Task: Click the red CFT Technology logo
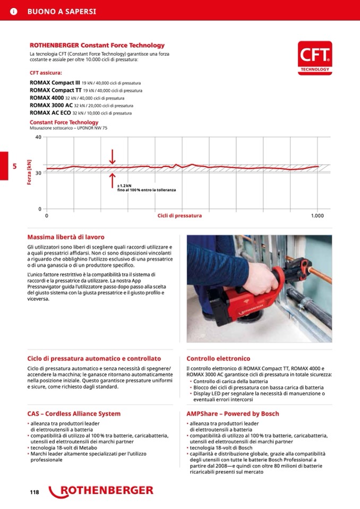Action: (315, 56)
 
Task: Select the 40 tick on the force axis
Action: (38, 137)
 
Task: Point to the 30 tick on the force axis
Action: (38, 173)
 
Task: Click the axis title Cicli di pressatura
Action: (179, 215)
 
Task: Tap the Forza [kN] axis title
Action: (29, 173)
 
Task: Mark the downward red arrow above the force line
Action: (113, 157)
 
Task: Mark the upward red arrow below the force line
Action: (113, 180)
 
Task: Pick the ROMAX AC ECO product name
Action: (50, 113)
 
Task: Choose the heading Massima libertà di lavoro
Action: (66, 237)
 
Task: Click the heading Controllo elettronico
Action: (218, 359)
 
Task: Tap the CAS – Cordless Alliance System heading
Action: (74, 413)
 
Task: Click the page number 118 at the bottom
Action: (35, 493)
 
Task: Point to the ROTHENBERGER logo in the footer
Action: (101, 491)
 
